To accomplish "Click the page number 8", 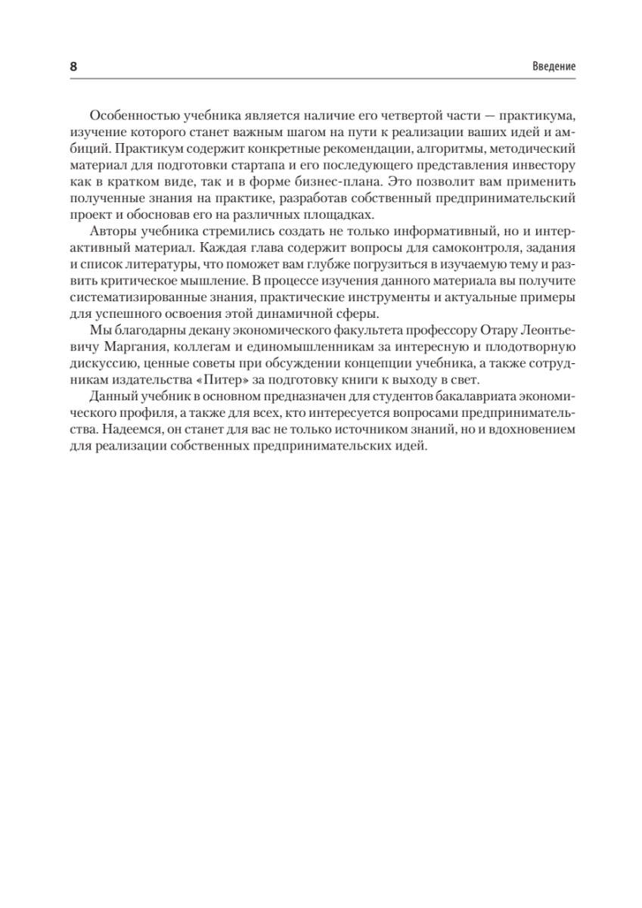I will click(73, 67).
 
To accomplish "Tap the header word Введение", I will click(554, 67).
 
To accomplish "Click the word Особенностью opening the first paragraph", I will click(127, 115).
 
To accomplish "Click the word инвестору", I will click(544, 165).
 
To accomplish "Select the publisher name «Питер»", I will click(214, 381).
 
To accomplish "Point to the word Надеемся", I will click(120, 431).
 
